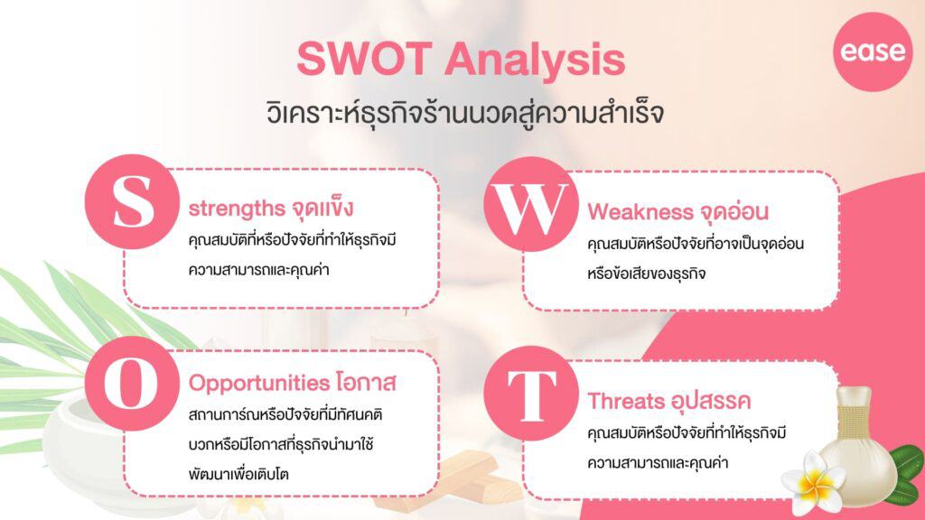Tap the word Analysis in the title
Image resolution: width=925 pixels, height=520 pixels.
[x=534, y=60]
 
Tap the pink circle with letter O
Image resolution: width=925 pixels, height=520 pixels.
[x=132, y=384]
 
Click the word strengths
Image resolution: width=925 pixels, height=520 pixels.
[x=236, y=208]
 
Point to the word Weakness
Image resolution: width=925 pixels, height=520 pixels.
[x=639, y=212]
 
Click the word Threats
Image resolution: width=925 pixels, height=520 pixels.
[x=629, y=400]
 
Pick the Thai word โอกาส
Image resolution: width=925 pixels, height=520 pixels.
[x=369, y=382]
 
